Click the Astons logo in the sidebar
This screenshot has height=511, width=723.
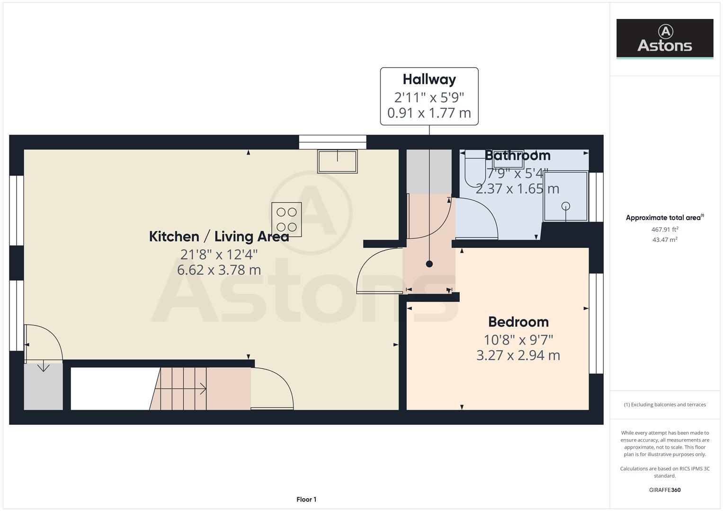click(664, 38)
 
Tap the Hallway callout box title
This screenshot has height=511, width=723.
click(429, 79)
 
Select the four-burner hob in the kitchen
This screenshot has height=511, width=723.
click(286, 220)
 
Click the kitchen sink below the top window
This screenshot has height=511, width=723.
click(337, 161)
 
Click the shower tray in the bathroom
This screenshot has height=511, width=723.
click(565, 196)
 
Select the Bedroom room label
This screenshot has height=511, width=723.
click(518, 322)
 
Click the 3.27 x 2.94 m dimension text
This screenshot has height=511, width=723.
click(518, 355)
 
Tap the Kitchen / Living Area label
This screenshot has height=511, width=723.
click(219, 236)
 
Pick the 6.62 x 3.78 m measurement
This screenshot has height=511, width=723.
click(219, 270)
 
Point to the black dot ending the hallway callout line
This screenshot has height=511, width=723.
click(429, 264)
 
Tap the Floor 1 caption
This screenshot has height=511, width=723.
click(306, 499)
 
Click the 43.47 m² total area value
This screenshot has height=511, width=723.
click(664, 240)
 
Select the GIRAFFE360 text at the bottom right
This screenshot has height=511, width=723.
click(664, 490)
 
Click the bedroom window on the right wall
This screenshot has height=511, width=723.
click(596, 324)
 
